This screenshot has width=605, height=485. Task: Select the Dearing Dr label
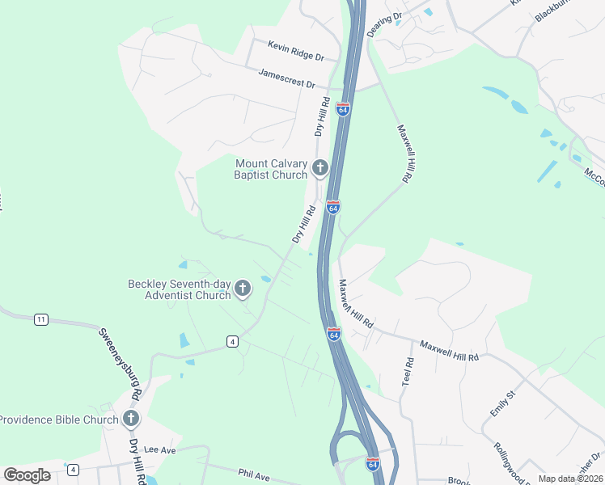pyautogui.click(x=384, y=24)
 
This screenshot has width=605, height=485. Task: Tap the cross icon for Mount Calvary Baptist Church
pyautogui.click(x=320, y=168)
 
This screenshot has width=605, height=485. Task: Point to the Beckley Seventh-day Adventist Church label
pyautogui.click(x=180, y=289)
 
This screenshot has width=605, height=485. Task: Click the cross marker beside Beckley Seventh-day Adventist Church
pyautogui.click(x=242, y=289)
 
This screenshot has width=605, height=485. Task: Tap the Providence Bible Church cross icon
pyautogui.click(x=131, y=419)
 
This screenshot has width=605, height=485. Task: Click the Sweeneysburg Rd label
pyautogui.click(x=121, y=363)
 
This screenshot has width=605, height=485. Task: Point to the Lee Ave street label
pyautogui.click(x=159, y=449)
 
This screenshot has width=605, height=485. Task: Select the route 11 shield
pyautogui.click(x=40, y=319)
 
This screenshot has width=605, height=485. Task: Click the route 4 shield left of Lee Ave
pyautogui.click(x=73, y=470)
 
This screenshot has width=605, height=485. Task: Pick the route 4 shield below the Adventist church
pyautogui.click(x=232, y=341)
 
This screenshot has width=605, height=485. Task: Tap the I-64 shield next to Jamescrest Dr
pyautogui.click(x=344, y=108)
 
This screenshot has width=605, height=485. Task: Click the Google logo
pyautogui.click(x=27, y=474)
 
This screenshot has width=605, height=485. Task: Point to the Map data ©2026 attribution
pyautogui.click(x=570, y=479)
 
